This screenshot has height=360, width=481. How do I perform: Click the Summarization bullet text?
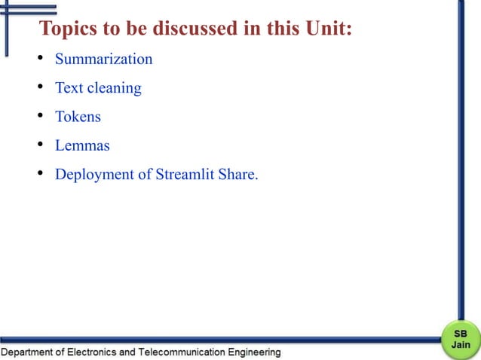click(x=103, y=59)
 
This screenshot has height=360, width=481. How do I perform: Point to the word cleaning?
click(x=115, y=88)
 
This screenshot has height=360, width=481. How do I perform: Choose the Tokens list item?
click(x=78, y=117)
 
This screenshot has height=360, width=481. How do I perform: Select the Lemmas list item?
click(x=82, y=145)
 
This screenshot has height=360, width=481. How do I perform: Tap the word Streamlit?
click(x=185, y=175)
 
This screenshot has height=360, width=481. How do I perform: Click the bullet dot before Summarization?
click(x=40, y=59)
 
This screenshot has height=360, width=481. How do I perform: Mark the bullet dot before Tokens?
click(x=40, y=117)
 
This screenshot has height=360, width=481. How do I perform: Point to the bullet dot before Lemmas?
click(x=40, y=145)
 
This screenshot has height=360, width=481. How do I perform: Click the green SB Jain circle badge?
click(x=460, y=339)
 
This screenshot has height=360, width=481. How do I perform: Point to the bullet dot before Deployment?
click(x=40, y=175)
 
